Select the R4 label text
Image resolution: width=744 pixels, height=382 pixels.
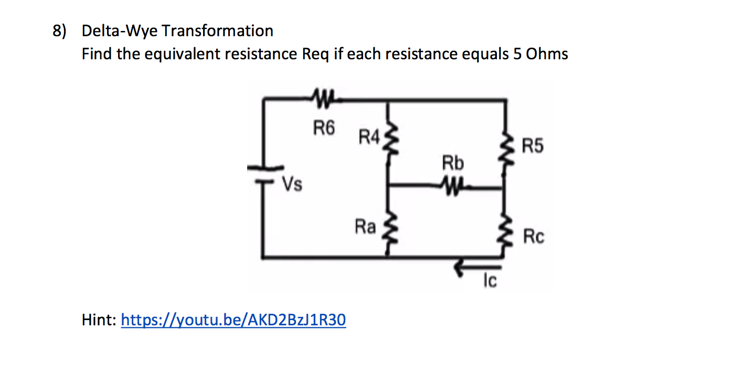(368, 138)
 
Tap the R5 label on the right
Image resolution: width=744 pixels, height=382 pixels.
(533, 146)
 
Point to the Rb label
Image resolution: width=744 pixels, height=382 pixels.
(453, 164)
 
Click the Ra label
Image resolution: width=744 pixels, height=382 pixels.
(365, 227)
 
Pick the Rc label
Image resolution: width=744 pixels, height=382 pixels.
(534, 237)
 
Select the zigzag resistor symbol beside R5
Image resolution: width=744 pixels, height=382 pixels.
(505, 148)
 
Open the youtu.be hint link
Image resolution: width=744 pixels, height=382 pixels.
(233, 320)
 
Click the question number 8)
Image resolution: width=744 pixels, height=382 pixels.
(60, 31)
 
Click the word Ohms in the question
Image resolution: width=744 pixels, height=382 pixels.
(547, 54)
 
